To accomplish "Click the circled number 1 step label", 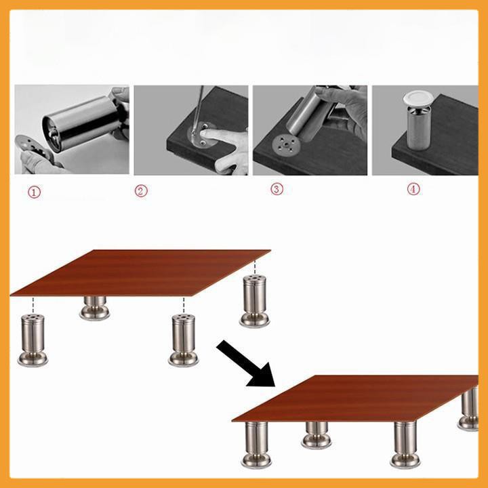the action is click(35, 192).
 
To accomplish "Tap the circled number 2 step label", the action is click(141, 190).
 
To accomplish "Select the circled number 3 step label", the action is click(277, 189).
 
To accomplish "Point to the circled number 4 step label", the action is click(413, 188).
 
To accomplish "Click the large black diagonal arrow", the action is click(245, 363).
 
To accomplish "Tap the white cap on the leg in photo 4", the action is click(417, 98).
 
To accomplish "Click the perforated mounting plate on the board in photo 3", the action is click(286, 144).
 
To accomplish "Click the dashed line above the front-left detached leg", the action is click(33, 305).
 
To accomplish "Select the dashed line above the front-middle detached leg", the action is click(184, 305).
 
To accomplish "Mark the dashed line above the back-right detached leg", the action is click(255, 267).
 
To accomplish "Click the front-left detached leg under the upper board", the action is click(33, 340).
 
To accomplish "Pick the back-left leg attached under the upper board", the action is click(95, 308).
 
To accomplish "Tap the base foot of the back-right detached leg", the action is click(255, 320).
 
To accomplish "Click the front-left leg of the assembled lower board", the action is click(256, 445).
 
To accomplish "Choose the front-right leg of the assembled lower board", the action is click(405, 445).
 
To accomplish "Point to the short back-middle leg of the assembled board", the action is click(317, 435).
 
